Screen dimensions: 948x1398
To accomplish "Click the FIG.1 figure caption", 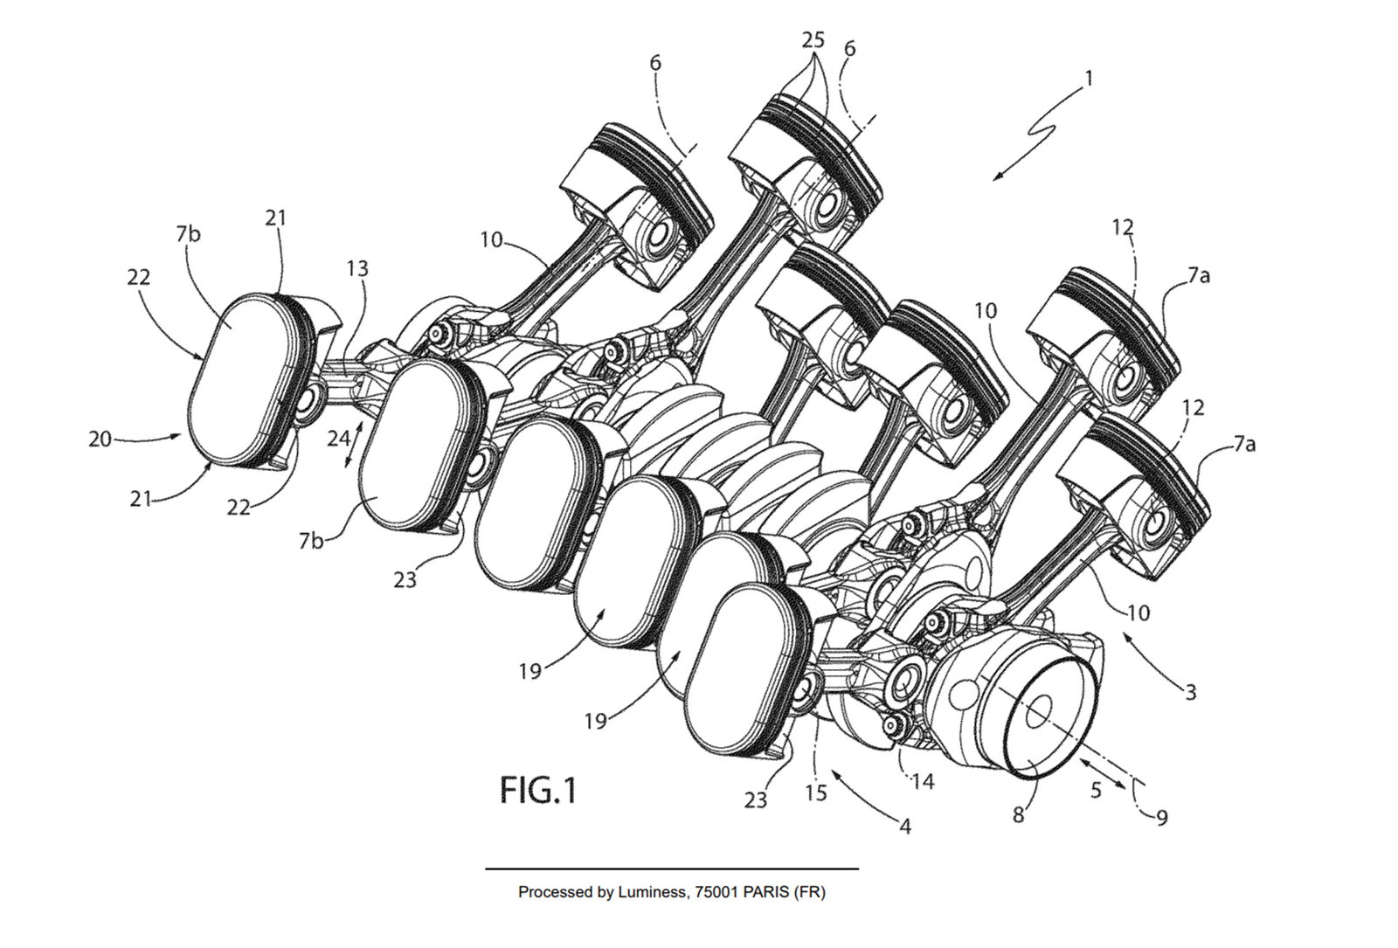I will pos(538,791).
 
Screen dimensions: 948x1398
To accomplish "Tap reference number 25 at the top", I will pos(813,41).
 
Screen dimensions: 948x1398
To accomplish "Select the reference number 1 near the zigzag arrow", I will pos(1089,78).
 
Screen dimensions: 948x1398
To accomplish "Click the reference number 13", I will pos(357,269).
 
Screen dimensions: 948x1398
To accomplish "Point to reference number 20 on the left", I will pos(100,439).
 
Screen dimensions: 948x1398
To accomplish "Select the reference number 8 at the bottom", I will pos(1019,815).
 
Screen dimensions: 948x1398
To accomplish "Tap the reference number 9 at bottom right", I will pos(1160,817).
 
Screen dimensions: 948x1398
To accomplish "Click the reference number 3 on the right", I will pos(1190,693).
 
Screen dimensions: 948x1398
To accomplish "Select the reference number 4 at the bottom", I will pos(905,825).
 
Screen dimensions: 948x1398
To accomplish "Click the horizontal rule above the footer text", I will pos(671,868).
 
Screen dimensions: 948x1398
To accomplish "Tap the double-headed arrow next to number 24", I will pos(350,445).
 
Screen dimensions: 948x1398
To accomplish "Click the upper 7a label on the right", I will pos(1199,277).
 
